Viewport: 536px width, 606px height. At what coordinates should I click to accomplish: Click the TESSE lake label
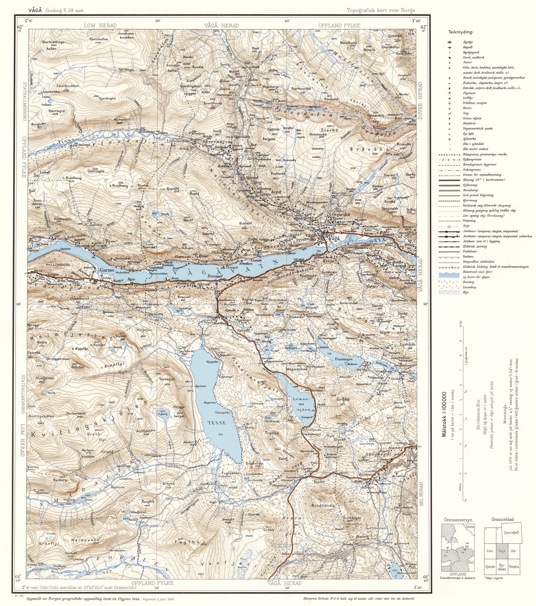click(217, 423)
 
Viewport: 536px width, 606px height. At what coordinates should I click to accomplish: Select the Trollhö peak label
click(271, 433)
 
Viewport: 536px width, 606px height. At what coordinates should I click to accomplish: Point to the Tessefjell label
click(168, 379)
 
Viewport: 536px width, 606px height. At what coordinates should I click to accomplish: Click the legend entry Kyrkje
click(468, 42)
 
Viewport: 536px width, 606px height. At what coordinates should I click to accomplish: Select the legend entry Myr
click(466, 292)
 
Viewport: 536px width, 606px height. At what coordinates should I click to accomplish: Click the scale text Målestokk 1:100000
click(446, 415)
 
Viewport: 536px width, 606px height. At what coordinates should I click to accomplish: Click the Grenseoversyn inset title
click(457, 519)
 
